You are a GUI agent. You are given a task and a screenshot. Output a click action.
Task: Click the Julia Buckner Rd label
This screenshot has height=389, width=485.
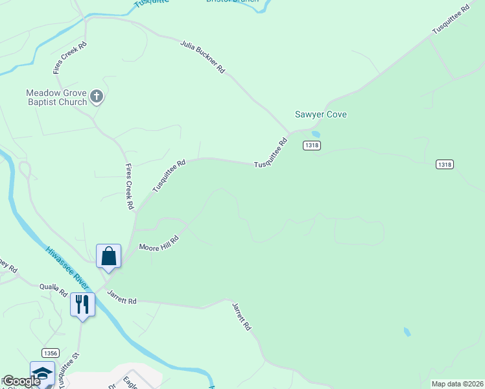pyautogui.click(x=203, y=57)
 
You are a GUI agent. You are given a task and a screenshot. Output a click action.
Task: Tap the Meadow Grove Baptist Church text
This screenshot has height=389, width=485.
pyautogui.click(x=56, y=97)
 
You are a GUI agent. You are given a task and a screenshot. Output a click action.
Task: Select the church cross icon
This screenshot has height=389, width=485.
pyautogui.click(x=97, y=97)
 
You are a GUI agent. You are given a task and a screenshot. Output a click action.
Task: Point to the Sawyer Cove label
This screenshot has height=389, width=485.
pyautogui.click(x=321, y=115)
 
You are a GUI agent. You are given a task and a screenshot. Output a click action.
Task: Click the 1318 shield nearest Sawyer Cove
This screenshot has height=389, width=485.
pyautogui.click(x=311, y=146)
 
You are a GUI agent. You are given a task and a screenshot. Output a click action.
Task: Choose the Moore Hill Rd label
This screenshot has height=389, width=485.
pyautogui.click(x=158, y=244)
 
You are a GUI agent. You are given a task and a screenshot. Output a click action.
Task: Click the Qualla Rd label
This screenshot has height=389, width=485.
pyautogui.click(x=53, y=289)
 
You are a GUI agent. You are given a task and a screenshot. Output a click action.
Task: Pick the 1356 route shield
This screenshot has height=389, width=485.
pyautogui.click(x=51, y=353)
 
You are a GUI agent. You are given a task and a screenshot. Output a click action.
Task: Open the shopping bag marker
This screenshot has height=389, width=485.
pyautogui.click(x=108, y=256)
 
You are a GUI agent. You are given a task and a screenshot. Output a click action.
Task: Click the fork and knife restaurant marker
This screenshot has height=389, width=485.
pyautogui.click(x=82, y=304)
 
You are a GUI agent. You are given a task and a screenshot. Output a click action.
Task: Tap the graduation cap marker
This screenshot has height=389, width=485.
pyautogui.click(x=42, y=373)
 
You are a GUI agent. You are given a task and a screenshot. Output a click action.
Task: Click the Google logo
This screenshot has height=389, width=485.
pyautogui.click(x=21, y=381)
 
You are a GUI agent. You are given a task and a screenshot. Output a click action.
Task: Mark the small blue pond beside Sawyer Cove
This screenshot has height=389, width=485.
pyautogui.click(x=316, y=135)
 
